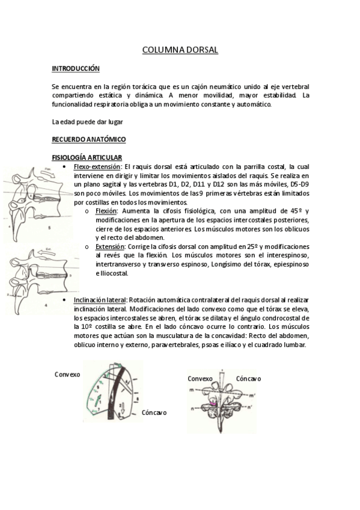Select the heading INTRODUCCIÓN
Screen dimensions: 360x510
[x=76, y=69]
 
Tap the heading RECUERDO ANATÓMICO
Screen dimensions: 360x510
[x=89, y=140]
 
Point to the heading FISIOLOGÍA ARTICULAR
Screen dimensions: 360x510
[x=87, y=158]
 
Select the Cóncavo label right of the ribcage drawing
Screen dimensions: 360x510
[x=154, y=413]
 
